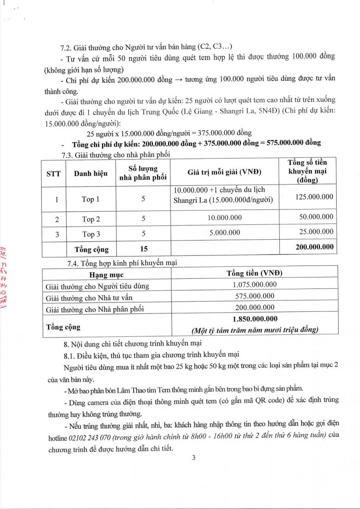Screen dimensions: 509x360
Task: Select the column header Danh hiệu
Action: coord(90,173)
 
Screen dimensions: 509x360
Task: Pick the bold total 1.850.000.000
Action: coord(255,319)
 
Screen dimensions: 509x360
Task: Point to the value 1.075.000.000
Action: coord(255,285)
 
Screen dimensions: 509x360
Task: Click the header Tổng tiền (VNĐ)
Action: coord(255,274)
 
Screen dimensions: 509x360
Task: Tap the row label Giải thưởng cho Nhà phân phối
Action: coord(95,308)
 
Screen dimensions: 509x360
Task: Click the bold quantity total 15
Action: coord(143,249)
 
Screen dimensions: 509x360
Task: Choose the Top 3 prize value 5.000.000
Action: coord(225,232)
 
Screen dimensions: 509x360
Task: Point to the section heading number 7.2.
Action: coord(67,46)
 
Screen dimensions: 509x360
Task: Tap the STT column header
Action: coord(53,173)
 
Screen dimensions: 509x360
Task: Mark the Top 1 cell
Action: coord(91,199)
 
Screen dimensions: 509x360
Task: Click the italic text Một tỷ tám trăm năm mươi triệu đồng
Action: coord(255,330)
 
